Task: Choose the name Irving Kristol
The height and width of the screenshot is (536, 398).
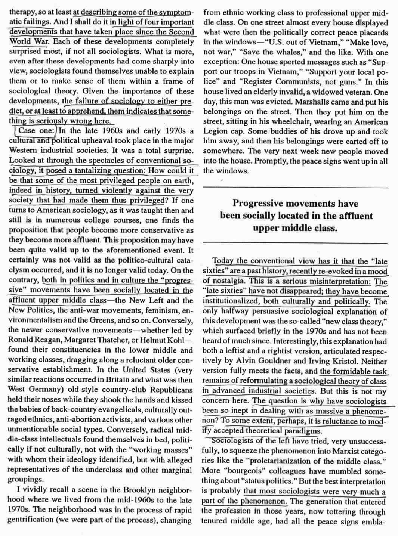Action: (x=345, y=361)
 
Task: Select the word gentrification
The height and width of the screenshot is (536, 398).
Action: (x=31, y=520)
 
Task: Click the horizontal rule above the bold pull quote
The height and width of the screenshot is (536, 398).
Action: (x=295, y=187)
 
